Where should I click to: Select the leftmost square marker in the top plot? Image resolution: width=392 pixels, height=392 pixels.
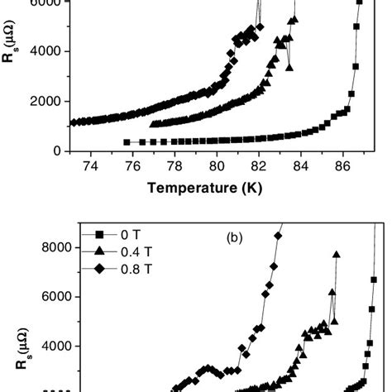click(x=127, y=142)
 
